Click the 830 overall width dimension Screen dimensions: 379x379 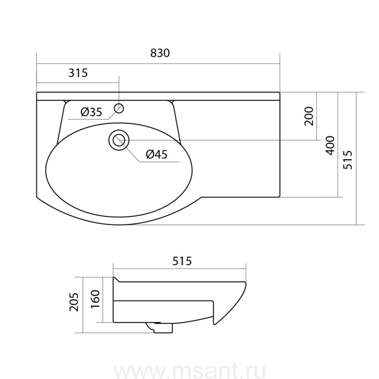tap(160, 53)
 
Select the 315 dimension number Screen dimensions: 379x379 tap(78, 72)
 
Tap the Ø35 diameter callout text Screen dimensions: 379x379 tap(92, 112)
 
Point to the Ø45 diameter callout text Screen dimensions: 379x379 tap(157, 154)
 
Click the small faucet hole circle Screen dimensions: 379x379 tap(119, 108)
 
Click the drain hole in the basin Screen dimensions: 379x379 tap(119, 140)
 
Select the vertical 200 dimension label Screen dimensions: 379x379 tap(309, 116)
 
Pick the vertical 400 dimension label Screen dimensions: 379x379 tap(330, 145)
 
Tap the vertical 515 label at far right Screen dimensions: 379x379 tap(348, 160)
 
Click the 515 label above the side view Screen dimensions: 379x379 tap(182, 261)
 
